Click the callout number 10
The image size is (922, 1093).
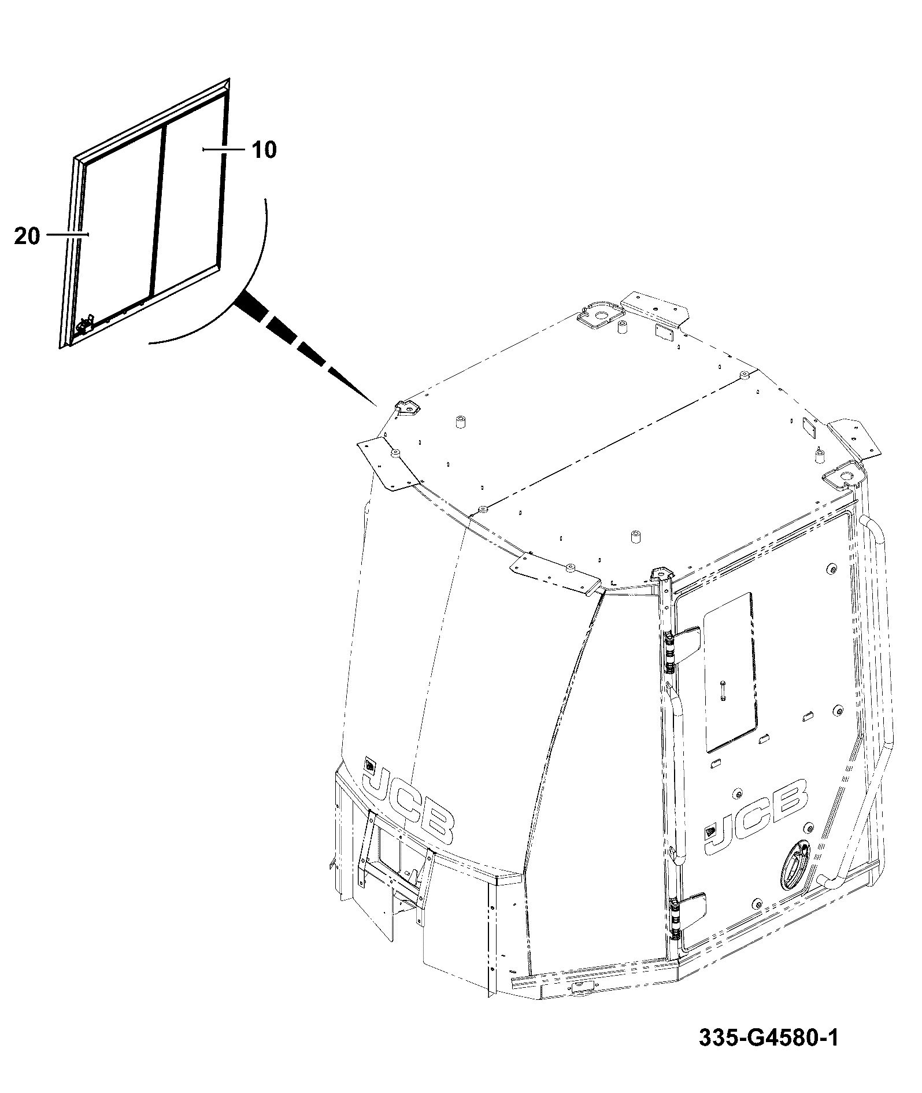(265, 150)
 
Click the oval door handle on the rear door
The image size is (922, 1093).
(794, 866)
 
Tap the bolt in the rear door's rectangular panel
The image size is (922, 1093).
(723, 691)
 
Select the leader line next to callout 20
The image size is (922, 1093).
(68, 234)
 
